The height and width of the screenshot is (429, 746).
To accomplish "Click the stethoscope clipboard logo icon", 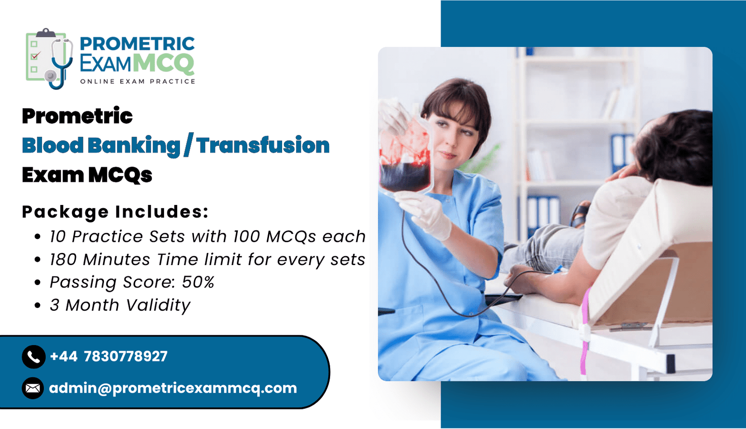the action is (49, 59).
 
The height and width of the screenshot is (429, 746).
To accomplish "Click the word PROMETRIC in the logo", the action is (137, 44).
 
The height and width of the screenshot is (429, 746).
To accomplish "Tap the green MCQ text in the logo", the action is (164, 63).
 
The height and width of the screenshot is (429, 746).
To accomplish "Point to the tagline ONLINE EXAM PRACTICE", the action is (138, 82).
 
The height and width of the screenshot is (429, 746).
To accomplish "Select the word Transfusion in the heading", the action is (262, 145).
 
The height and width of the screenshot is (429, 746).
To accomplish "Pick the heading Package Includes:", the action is (115, 211).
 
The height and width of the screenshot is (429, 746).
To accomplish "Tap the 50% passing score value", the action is (198, 282).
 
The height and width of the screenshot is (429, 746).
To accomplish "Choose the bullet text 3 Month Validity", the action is (120, 305).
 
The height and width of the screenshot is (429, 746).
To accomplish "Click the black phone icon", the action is (34, 357).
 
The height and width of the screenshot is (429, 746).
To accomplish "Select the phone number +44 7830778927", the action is (109, 356).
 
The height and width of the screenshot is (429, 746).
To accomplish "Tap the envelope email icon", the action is (33, 388).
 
